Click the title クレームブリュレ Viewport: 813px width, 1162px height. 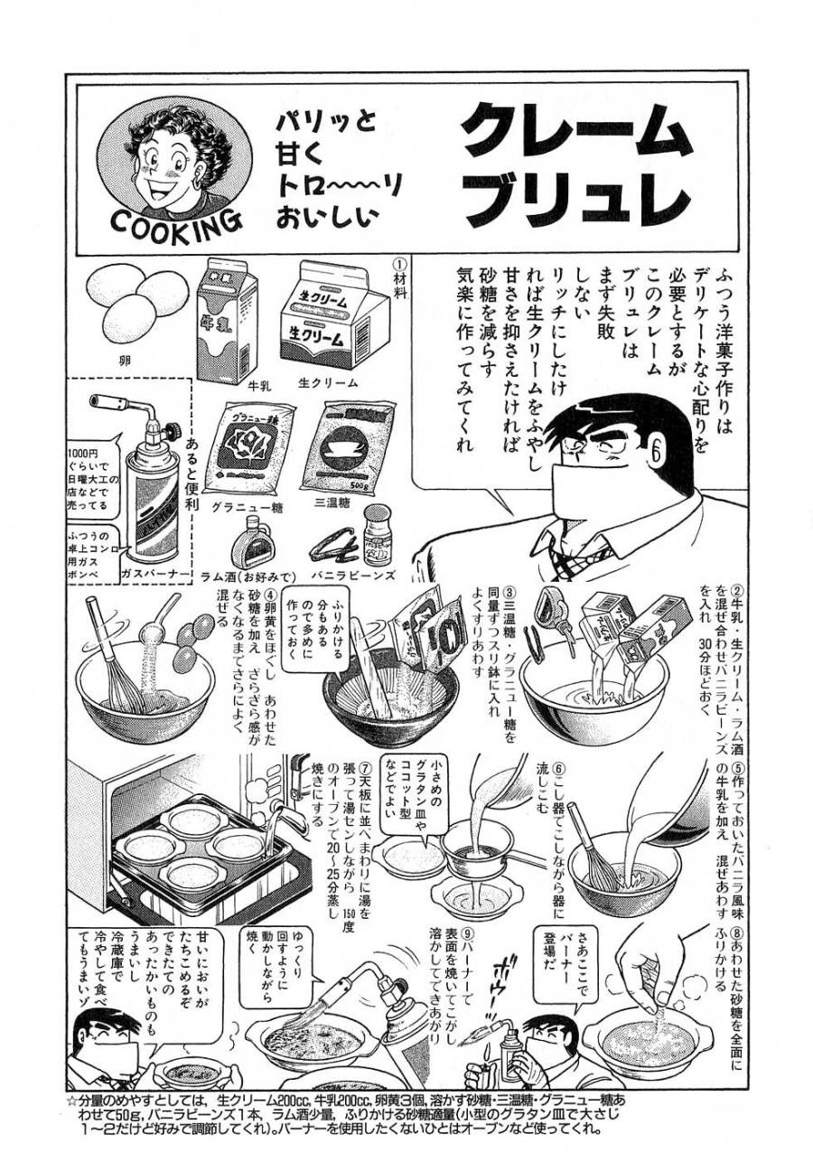(575, 171)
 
